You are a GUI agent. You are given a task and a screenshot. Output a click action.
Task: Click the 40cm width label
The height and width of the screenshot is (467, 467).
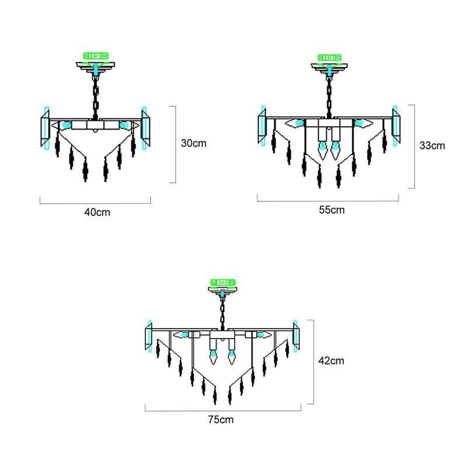[96, 212]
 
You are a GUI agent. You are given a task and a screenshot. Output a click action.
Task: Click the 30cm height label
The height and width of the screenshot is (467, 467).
[193, 142]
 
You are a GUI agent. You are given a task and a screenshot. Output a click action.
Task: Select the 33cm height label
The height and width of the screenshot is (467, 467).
[432, 145]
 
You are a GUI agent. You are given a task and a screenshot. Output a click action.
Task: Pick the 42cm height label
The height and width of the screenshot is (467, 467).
[332, 361]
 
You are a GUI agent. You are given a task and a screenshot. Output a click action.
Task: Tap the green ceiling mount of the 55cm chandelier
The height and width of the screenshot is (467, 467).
[332, 58]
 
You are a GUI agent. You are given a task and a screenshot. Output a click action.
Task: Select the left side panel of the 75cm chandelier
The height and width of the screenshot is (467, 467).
[149, 338]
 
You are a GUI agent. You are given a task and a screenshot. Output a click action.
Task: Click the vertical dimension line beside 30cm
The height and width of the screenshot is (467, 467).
[175, 144]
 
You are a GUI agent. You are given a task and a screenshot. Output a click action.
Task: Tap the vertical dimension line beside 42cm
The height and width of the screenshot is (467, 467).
[314, 361]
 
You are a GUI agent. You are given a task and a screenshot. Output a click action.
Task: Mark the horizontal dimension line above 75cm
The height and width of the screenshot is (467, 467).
[223, 411]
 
